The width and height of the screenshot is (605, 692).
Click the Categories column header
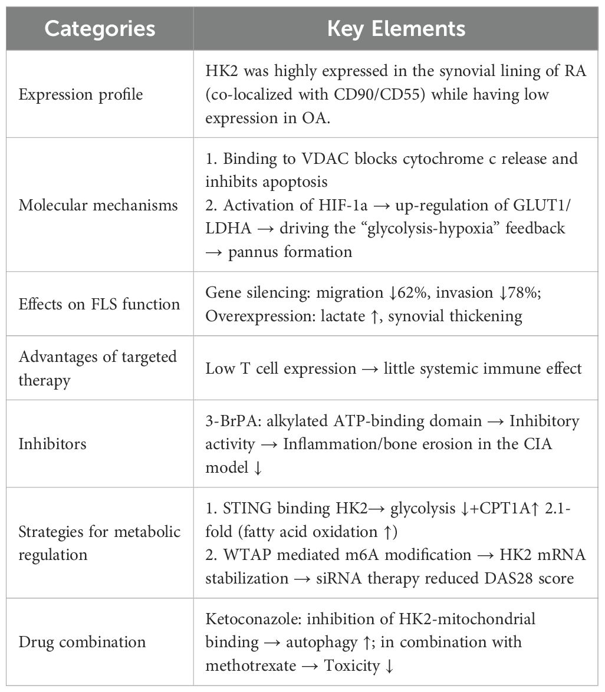coord(100,28)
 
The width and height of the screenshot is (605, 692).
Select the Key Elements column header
coord(396,28)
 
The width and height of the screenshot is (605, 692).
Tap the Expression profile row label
coord(81,95)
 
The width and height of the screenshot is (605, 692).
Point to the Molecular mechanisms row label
coord(98,205)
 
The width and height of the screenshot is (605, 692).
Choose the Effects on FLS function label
coord(99,304)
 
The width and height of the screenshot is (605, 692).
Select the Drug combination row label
coord(82,641)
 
